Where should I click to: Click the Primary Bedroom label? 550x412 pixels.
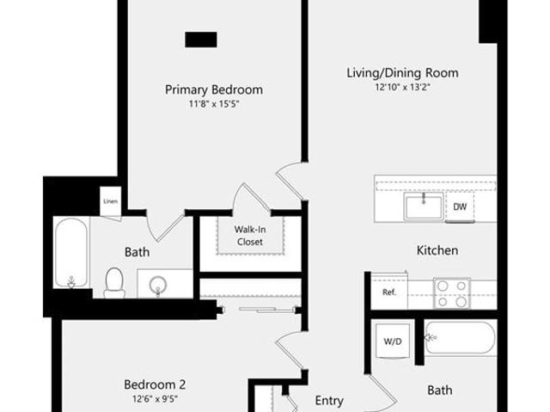214,89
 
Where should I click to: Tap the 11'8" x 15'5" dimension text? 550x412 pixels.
214,104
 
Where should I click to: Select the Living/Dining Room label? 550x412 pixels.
403,73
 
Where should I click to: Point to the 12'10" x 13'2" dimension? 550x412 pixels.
403,87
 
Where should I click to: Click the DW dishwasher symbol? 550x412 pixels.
460,206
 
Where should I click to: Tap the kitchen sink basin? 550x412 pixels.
424,206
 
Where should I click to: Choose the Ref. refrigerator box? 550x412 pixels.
389,292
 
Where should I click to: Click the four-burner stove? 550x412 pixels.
452,293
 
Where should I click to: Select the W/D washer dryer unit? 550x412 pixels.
393,341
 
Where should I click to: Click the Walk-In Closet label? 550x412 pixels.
250,236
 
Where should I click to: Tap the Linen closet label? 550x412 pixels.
111,201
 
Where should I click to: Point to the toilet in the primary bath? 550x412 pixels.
114,283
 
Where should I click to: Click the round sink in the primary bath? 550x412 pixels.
158,284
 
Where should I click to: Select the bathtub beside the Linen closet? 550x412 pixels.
71,253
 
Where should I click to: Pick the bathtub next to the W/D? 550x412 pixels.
461,338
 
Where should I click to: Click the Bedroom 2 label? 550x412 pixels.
155,384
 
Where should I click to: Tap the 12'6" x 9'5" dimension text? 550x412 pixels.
155,399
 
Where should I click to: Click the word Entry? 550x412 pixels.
329,401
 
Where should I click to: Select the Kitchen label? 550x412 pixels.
437,250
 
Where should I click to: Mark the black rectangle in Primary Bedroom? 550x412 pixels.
201,40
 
